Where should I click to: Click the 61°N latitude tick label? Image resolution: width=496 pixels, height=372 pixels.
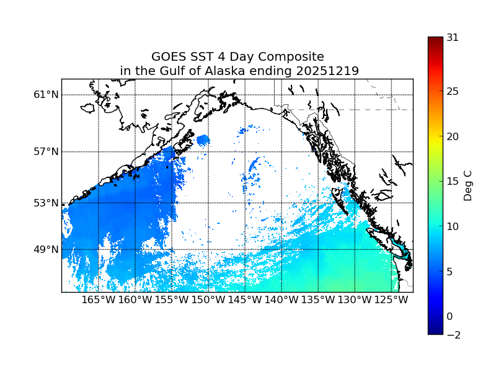point(46,95)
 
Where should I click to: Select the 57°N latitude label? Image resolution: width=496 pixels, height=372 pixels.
point(46,152)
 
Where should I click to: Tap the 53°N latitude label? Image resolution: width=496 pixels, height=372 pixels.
point(46,203)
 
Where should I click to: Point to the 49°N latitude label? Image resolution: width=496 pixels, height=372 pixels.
point(46,250)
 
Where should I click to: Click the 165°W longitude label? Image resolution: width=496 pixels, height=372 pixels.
point(99,301)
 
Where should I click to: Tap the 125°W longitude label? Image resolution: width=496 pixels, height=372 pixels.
point(391,301)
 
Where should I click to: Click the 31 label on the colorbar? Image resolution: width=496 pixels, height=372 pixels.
point(453,37)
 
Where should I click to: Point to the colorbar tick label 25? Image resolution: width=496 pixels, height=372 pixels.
point(453,92)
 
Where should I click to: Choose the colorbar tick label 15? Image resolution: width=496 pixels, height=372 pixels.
point(453,182)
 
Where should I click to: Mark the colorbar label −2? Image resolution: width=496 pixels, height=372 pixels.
point(453,335)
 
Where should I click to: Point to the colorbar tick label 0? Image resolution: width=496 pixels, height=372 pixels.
point(449,316)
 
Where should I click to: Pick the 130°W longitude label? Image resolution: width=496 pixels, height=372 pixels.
point(355,301)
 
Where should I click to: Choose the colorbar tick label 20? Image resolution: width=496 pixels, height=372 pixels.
point(453,136)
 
